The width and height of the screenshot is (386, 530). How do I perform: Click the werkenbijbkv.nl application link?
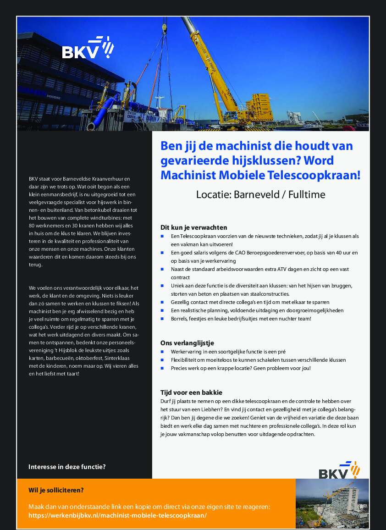point(117,515)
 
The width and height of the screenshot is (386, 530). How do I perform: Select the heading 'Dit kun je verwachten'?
point(193,227)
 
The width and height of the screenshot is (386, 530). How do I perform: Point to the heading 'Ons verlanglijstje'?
point(187,343)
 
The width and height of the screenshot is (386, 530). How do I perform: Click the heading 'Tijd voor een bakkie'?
point(191,392)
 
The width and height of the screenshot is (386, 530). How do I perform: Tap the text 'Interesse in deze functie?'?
point(67,467)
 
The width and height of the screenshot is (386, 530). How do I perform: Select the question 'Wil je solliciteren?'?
point(56,490)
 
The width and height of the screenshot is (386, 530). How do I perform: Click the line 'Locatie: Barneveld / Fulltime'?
point(260,194)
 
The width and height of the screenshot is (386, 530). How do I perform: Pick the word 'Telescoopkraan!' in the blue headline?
point(320,175)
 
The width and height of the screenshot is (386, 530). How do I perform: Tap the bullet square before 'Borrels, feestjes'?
point(162,319)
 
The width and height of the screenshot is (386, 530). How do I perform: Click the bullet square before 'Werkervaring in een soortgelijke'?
point(162,352)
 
